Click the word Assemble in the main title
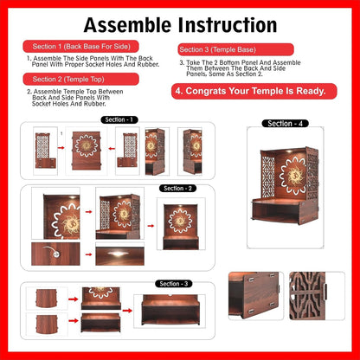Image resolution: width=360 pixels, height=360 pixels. point(129,25)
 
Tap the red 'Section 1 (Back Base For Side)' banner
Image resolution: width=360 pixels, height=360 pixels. point(74,45)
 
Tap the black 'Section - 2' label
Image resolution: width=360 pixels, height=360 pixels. point(178,188)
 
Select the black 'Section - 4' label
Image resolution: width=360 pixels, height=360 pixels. point(286,124)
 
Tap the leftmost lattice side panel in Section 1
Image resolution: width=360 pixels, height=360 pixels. point(42,148)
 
